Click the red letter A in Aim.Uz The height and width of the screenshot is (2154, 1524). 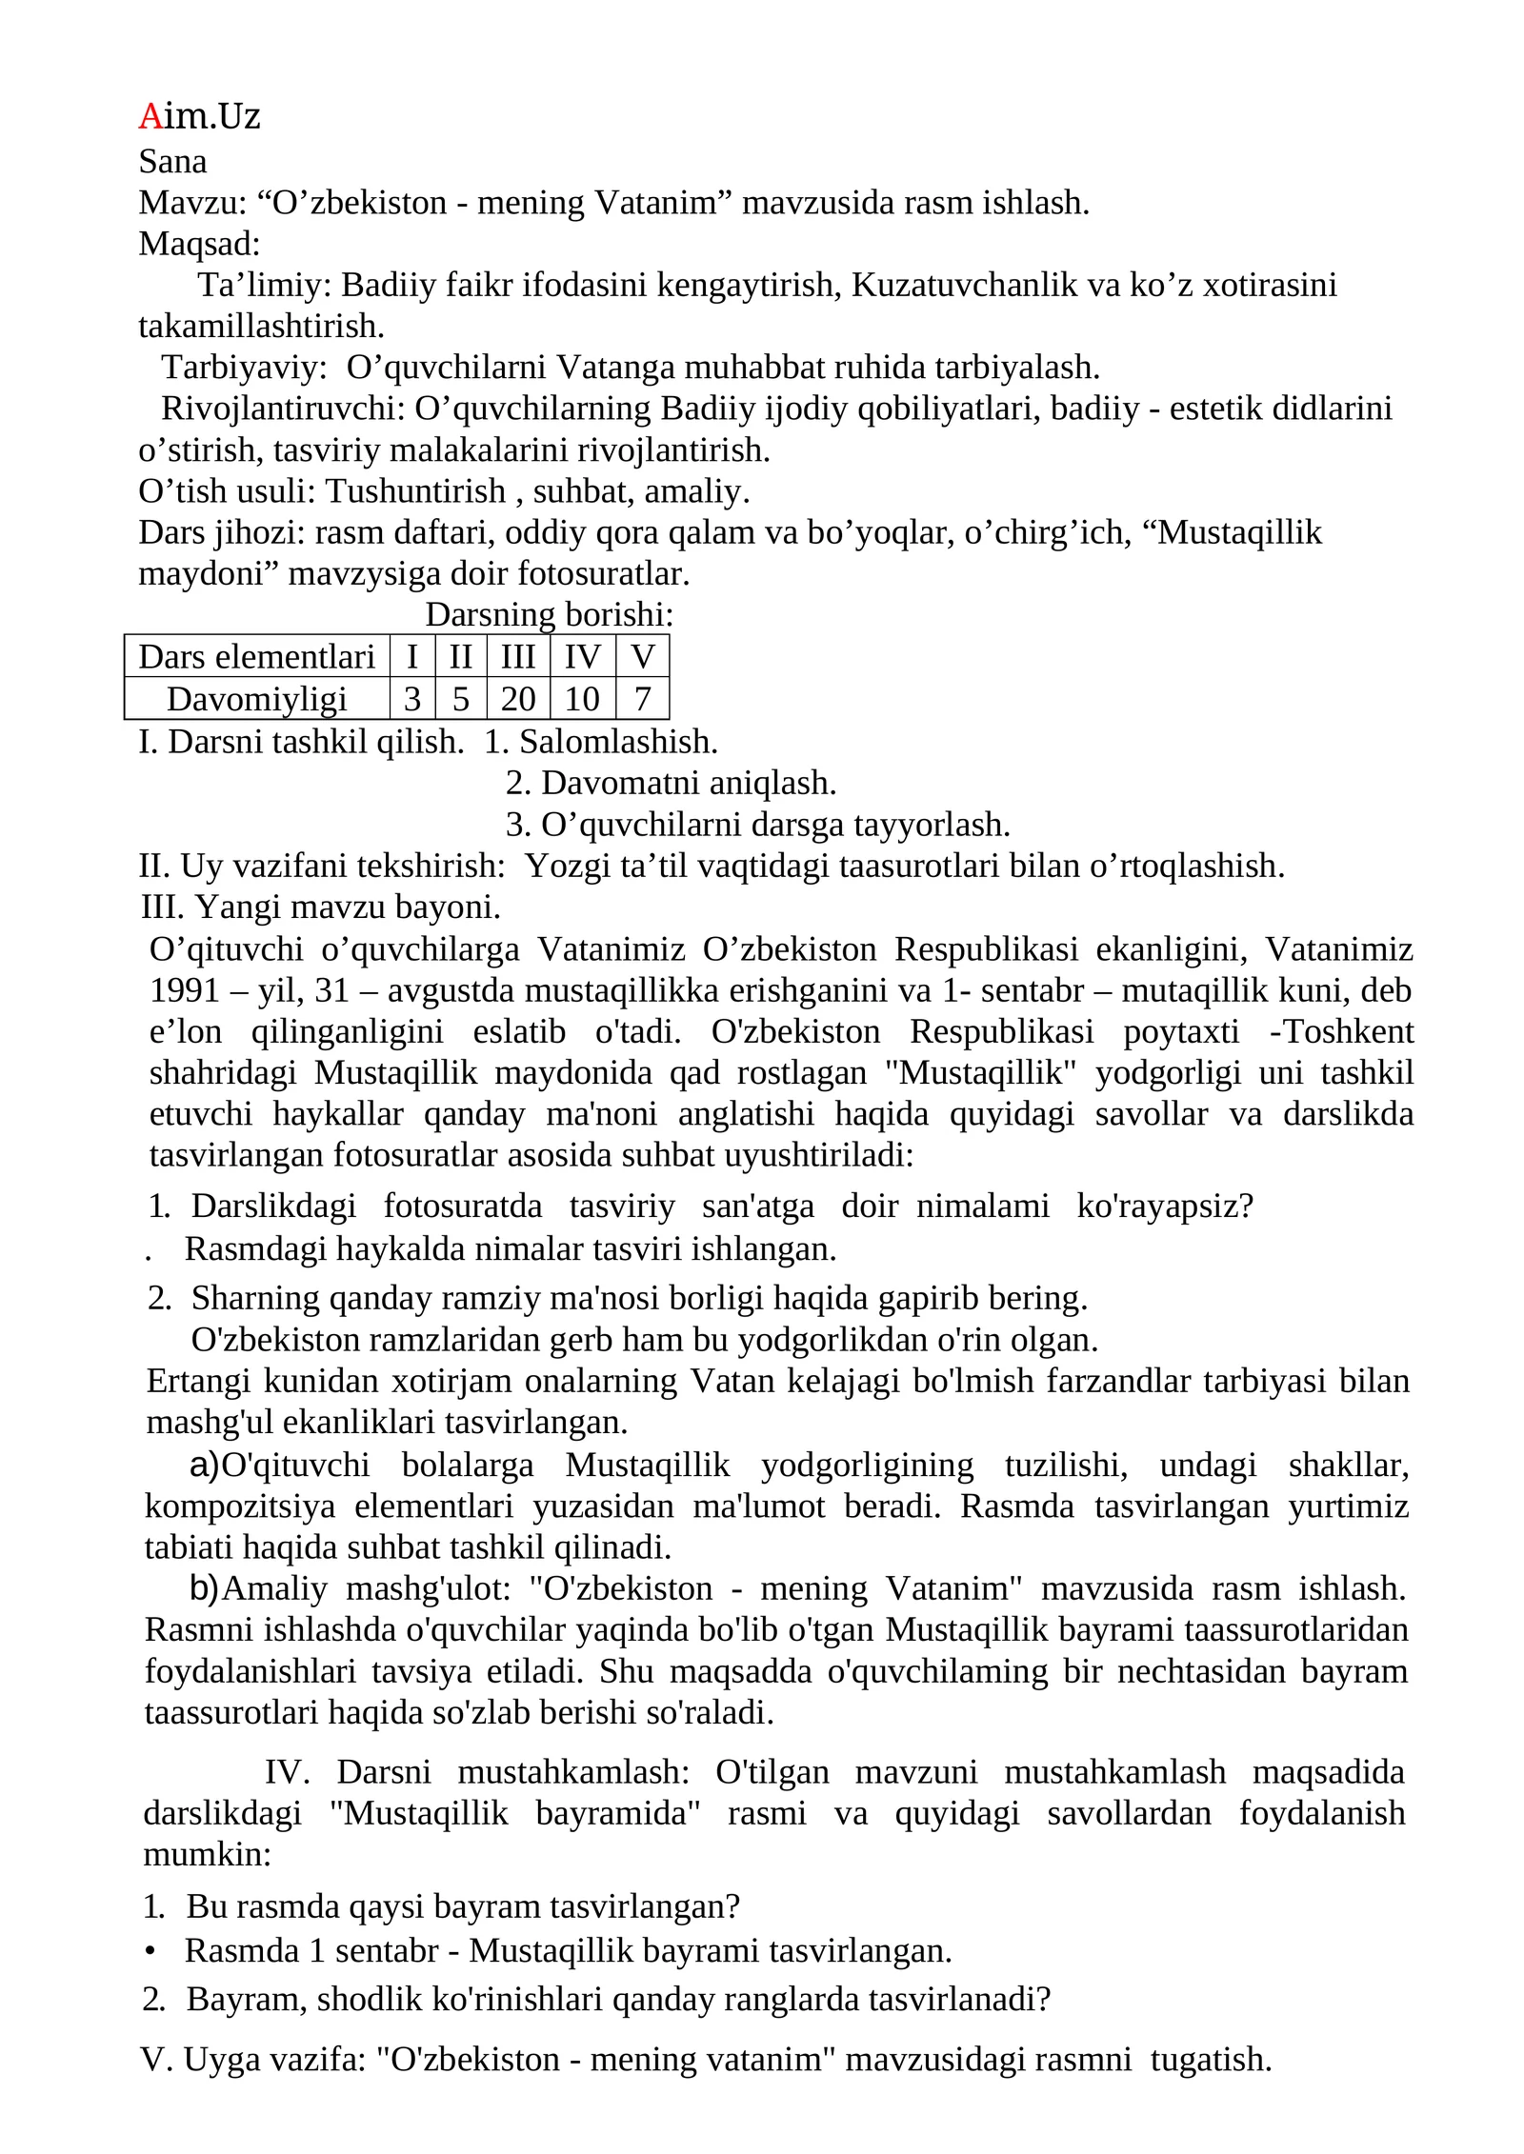click(150, 116)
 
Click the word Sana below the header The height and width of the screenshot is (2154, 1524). click(172, 162)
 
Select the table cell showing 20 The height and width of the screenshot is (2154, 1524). click(518, 699)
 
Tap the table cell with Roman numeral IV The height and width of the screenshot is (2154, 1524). click(582, 657)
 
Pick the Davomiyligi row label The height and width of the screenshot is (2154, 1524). click(256, 699)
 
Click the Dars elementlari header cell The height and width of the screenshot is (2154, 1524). click(256, 657)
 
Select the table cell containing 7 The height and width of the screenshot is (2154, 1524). click(642, 699)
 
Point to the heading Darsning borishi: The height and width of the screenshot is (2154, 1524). click(549, 615)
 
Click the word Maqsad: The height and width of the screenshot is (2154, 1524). click(199, 244)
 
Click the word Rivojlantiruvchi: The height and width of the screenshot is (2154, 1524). click(283, 409)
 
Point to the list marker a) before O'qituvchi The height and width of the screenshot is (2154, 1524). click(204, 1465)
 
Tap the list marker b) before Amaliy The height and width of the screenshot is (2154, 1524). click(204, 1588)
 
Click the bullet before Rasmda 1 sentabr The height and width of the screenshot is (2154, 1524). click(150, 1951)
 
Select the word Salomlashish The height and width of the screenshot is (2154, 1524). click(618, 742)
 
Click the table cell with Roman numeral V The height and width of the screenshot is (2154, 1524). click(642, 657)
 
